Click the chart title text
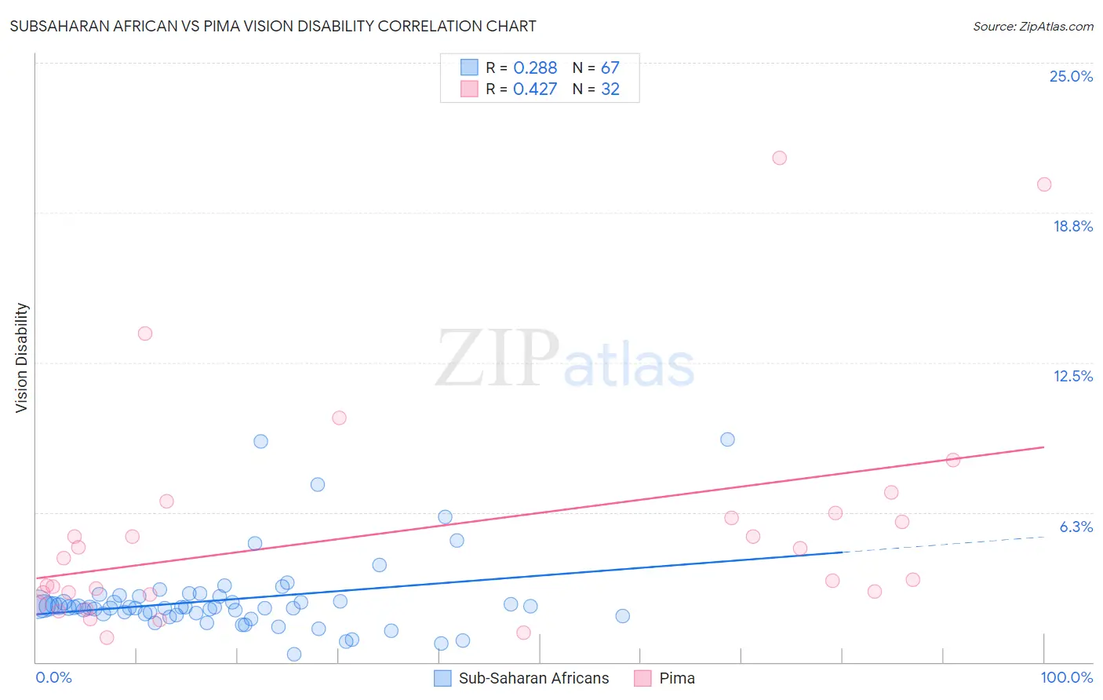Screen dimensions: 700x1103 click(x=273, y=26)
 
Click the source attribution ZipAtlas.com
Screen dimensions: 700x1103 click(x=1032, y=26)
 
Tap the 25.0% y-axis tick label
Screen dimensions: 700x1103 click(x=1071, y=76)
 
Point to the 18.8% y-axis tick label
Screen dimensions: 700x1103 click(x=1072, y=226)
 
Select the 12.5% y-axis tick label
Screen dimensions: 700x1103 click(x=1072, y=376)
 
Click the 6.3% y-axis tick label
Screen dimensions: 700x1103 click(x=1076, y=527)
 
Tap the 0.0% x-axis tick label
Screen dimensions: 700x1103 click(x=53, y=677)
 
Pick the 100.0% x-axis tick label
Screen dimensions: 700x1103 click(x=1066, y=677)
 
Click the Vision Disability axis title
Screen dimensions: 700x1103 click(x=22, y=357)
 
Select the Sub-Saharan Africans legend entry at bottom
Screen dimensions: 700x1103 click(x=522, y=678)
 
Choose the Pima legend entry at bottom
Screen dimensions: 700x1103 click(x=665, y=678)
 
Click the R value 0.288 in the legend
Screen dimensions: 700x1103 click(x=535, y=68)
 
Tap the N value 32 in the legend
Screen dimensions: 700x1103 click(x=610, y=89)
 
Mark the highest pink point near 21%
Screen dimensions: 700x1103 click(x=779, y=158)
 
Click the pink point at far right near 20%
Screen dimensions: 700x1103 click(x=1043, y=184)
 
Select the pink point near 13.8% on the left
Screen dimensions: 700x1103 click(x=145, y=334)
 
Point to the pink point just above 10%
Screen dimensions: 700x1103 click(x=339, y=417)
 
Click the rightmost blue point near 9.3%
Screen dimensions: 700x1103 click(x=727, y=439)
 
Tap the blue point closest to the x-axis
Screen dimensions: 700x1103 click(x=294, y=654)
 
